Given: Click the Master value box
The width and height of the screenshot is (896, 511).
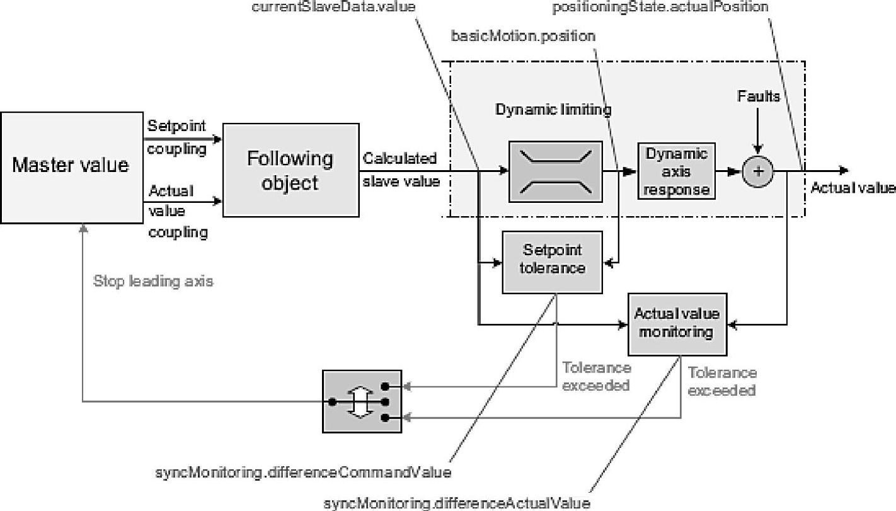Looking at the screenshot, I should (71, 166).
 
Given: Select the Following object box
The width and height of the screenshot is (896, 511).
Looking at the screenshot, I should (289, 170).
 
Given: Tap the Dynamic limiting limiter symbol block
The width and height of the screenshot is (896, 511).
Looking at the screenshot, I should (554, 171).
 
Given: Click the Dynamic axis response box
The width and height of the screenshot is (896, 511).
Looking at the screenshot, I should (676, 171).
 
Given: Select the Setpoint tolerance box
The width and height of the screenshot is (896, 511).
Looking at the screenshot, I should (552, 261).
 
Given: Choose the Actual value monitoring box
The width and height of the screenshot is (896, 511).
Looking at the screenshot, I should (677, 324).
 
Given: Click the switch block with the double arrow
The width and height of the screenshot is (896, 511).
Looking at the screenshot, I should (362, 401).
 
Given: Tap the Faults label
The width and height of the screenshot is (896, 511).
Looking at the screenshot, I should (759, 96).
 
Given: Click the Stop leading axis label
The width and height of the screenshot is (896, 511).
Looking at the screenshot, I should (153, 281).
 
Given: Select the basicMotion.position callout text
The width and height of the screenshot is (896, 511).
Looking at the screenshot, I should (523, 37).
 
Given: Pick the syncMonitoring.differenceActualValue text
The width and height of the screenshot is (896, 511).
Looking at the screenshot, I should (456, 503).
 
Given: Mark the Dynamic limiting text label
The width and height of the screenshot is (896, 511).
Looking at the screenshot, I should (553, 110).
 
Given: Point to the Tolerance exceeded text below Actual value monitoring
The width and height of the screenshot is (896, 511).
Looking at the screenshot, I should (721, 381).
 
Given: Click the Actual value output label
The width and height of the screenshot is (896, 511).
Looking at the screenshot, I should (853, 187).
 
